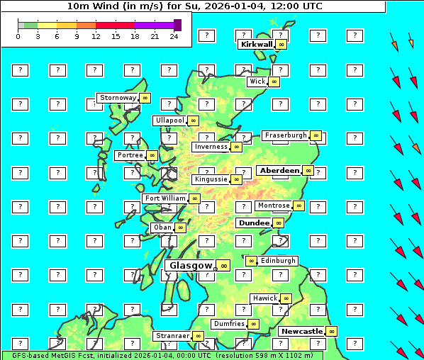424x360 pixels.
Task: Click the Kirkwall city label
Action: pyautogui.click(x=256, y=44)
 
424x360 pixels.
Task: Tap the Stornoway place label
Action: pyautogui.click(x=118, y=98)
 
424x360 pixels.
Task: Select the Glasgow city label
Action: pyautogui.click(x=191, y=266)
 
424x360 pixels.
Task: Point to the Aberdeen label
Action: pyautogui.click(x=279, y=171)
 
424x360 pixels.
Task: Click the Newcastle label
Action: pyautogui.click(x=301, y=331)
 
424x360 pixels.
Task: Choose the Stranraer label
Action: pyautogui.click(x=172, y=336)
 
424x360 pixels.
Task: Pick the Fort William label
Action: pyautogui.click(x=164, y=198)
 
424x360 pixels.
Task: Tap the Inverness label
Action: pyautogui.click(x=211, y=147)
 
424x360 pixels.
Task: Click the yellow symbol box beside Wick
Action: pyautogui.click(x=274, y=81)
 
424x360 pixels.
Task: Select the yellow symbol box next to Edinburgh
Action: pyautogui.click(x=250, y=261)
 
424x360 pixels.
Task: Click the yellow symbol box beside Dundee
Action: pyautogui.click(x=278, y=223)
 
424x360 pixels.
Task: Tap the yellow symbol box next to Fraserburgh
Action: pyautogui.click(x=316, y=135)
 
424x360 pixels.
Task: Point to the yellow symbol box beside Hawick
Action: pyautogui.click(x=286, y=298)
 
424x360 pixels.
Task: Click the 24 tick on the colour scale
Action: pyautogui.click(x=174, y=36)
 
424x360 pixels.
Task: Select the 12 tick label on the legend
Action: pyautogui.click(x=96, y=36)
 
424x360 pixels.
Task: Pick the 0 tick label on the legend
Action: pyautogui.click(x=18, y=36)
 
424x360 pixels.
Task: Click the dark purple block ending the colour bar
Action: pyautogui.click(x=177, y=25)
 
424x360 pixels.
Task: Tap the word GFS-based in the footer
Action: pyautogui.click(x=27, y=355)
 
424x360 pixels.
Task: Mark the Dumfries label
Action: pyautogui.click(x=229, y=324)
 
